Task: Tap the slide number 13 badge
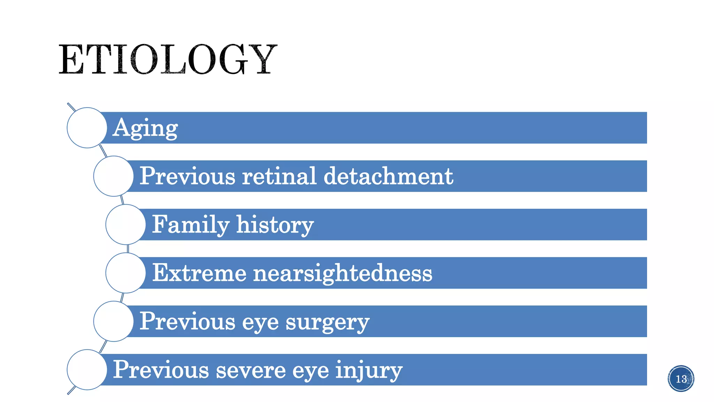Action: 681,379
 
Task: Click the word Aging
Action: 145,128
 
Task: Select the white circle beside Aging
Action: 87,128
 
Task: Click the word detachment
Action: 388,176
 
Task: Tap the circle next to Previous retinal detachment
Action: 113,176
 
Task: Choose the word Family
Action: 191,224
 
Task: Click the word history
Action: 275,224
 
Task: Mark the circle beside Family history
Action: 126,224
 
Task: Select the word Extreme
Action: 199,273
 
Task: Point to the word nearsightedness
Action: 343,273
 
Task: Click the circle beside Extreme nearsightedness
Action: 126,273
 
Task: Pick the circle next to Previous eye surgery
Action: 113,321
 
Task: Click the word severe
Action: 251,370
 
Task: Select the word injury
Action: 369,370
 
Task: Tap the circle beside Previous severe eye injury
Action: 87,370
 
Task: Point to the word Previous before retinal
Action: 188,176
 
